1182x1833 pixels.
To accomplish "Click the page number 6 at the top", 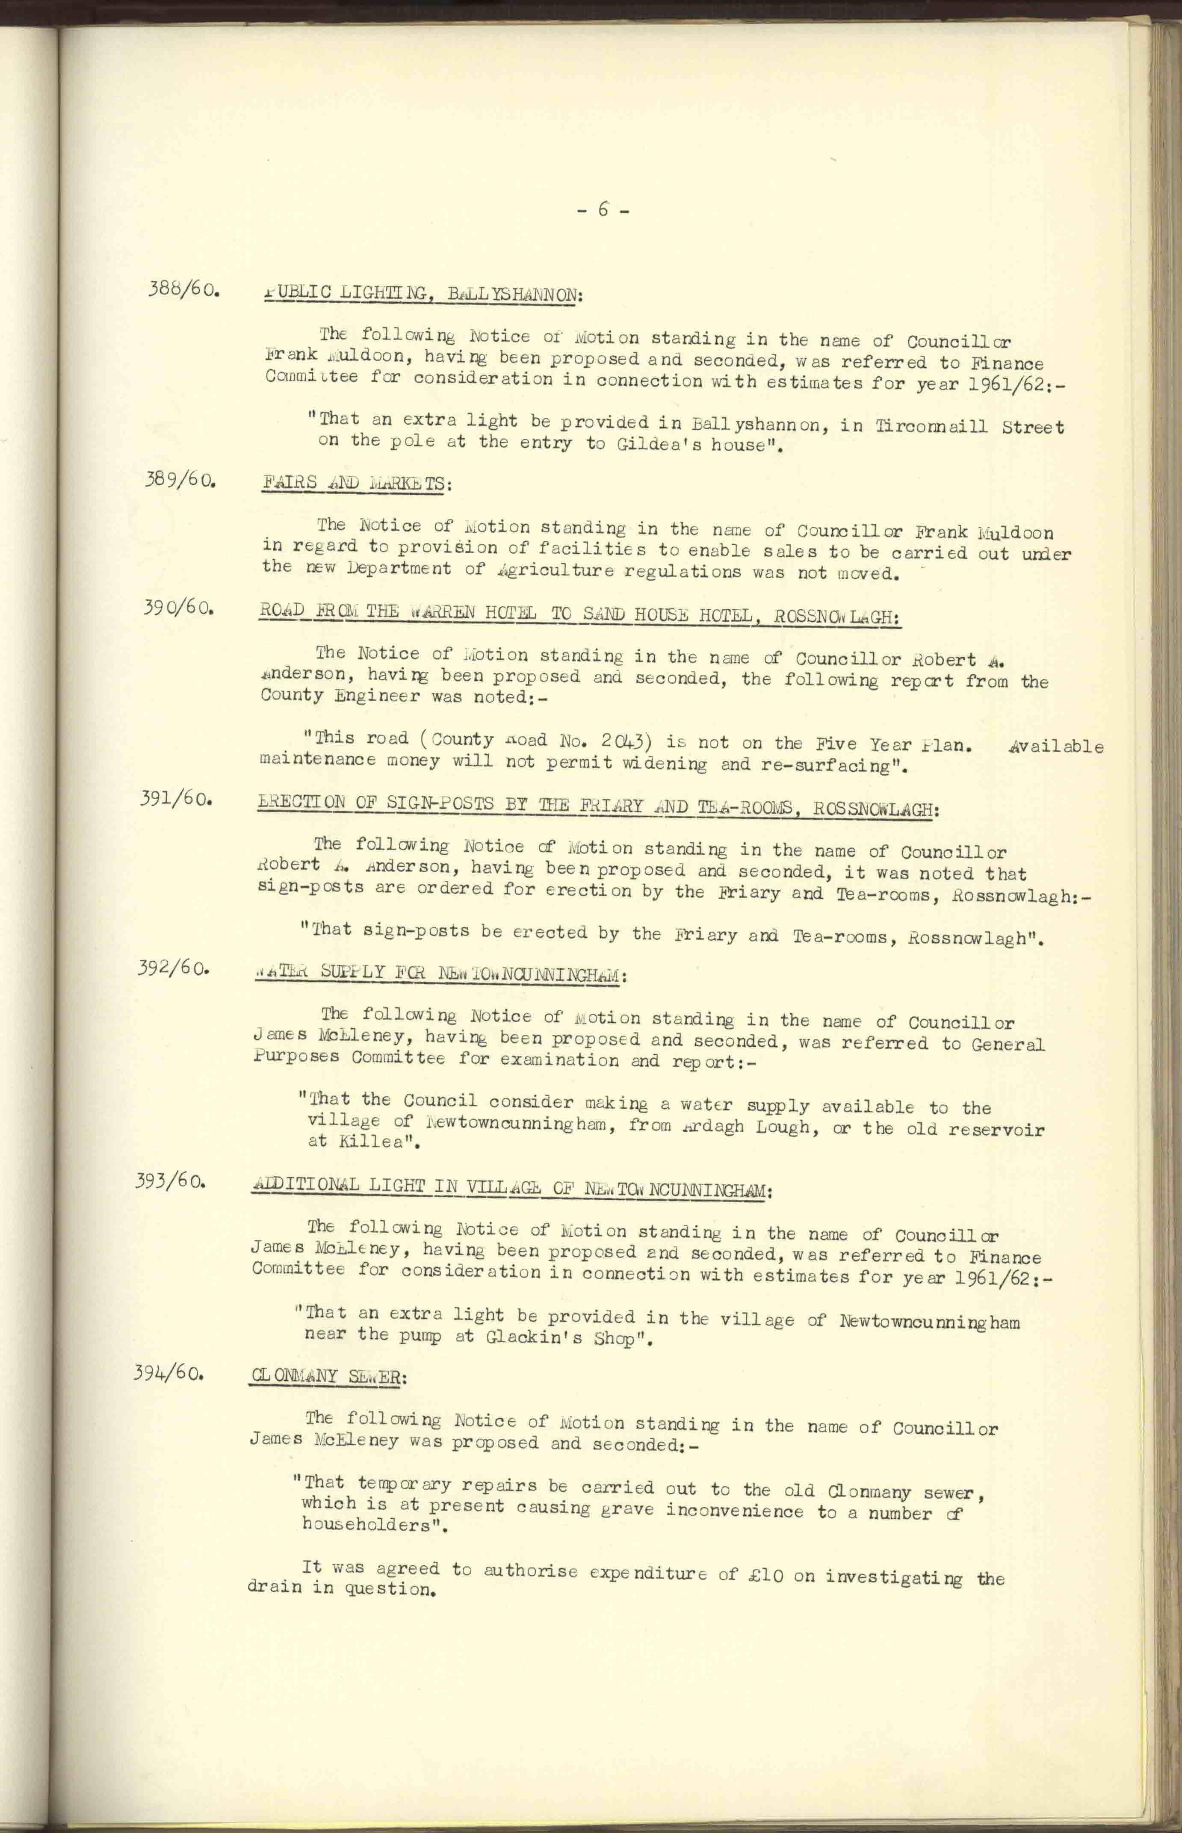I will click(x=603, y=209).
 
